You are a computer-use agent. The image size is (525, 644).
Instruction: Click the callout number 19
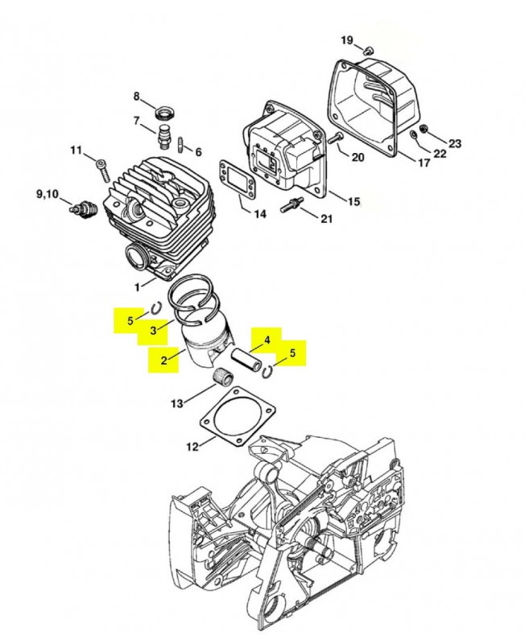(x=346, y=39)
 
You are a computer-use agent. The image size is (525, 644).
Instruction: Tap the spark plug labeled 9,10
(x=83, y=206)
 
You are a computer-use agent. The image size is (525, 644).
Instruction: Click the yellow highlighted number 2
(x=163, y=360)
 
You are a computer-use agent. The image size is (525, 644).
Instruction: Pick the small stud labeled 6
(x=181, y=146)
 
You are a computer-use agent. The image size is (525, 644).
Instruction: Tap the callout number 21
(x=325, y=218)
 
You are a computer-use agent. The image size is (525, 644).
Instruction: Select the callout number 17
(x=424, y=163)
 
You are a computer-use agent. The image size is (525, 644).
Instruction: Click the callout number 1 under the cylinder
(x=138, y=286)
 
